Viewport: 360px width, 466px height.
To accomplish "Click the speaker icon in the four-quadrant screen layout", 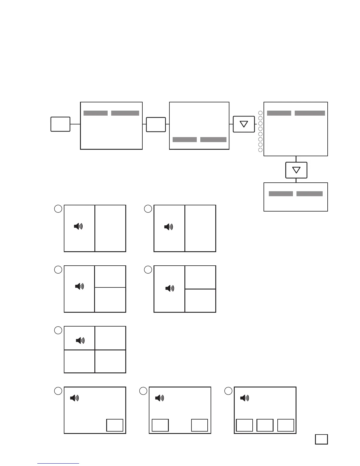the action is [x=80, y=340].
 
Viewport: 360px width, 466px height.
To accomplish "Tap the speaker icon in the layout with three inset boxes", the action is [x=244, y=398].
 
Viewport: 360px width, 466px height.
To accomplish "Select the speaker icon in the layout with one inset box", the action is [x=74, y=398].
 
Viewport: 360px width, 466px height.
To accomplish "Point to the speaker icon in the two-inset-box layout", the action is [x=159, y=398].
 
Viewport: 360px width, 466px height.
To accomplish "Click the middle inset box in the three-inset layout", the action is [x=265, y=425].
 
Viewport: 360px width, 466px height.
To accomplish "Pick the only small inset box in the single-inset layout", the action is [x=114, y=425].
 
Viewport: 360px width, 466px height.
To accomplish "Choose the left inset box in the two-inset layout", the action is [x=160, y=425].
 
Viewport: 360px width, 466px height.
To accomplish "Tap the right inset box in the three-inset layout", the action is [x=286, y=425].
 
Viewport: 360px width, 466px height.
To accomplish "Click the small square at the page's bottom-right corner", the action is [x=321, y=439].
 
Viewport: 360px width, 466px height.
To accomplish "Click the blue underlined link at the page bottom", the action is [x=58, y=463].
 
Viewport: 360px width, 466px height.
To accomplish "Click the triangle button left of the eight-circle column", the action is [x=244, y=124].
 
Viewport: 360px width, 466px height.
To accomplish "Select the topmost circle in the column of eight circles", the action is [x=260, y=113].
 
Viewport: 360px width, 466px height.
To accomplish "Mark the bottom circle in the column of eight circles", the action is [x=260, y=150].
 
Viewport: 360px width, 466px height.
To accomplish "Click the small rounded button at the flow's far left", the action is [x=60, y=124].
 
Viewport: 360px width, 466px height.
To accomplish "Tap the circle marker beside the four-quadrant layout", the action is [x=58, y=330].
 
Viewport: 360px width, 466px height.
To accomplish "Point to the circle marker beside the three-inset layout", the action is [x=228, y=391].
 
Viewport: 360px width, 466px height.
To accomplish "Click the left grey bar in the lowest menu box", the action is [x=281, y=194].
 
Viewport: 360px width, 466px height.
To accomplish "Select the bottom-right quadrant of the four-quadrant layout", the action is [x=110, y=361].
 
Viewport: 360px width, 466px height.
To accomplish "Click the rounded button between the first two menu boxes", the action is [x=156, y=124].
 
